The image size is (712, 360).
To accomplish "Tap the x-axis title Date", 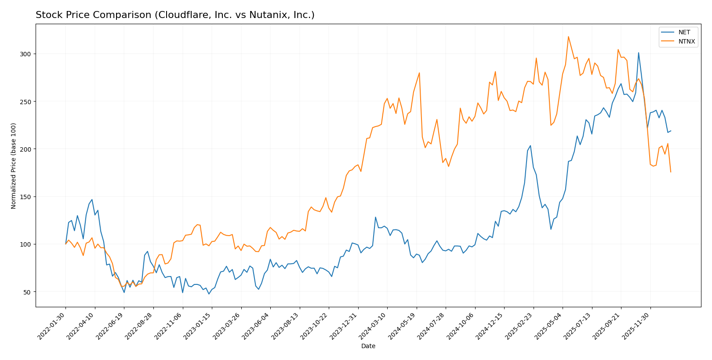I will tap(368, 346).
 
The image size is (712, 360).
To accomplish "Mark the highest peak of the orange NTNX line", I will tap(568, 36).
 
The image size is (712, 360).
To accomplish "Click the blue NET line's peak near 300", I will tap(639, 53).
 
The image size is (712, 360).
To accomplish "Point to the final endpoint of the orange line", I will tap(671, 172).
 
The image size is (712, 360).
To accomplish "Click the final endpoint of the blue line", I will tap(671, 131).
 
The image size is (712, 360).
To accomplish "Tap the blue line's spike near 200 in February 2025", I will tap(530, 145).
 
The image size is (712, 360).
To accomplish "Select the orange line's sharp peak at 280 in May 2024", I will tap(419, 73).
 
